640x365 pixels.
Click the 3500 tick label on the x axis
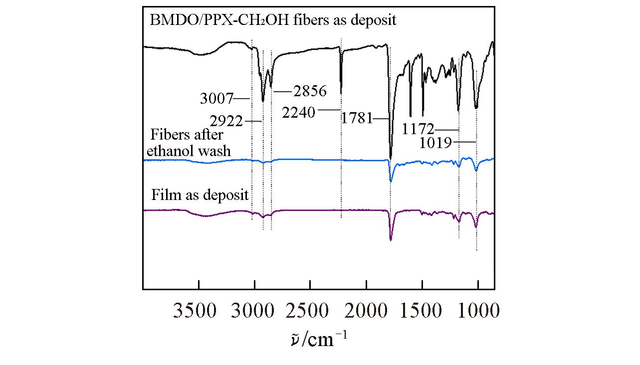click(x=195, y=311)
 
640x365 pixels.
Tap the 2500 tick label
click(x=310, y=311)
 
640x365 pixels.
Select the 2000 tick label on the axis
click(x=366, y=311)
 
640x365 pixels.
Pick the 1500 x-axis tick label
click(x=422, y=311)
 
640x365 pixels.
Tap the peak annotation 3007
click(x=216, y=99)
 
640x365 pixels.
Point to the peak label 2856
click(x=309, y=91)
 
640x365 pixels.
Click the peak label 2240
click(x=298, y=113)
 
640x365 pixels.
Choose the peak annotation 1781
click(x=357, y=119)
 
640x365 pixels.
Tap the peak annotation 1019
click(x=435, y=143)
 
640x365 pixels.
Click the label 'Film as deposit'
click(x=200, y=195)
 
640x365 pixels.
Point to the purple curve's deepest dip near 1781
click(x=391, y=240)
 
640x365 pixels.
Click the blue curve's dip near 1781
click(x=391, y=181)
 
